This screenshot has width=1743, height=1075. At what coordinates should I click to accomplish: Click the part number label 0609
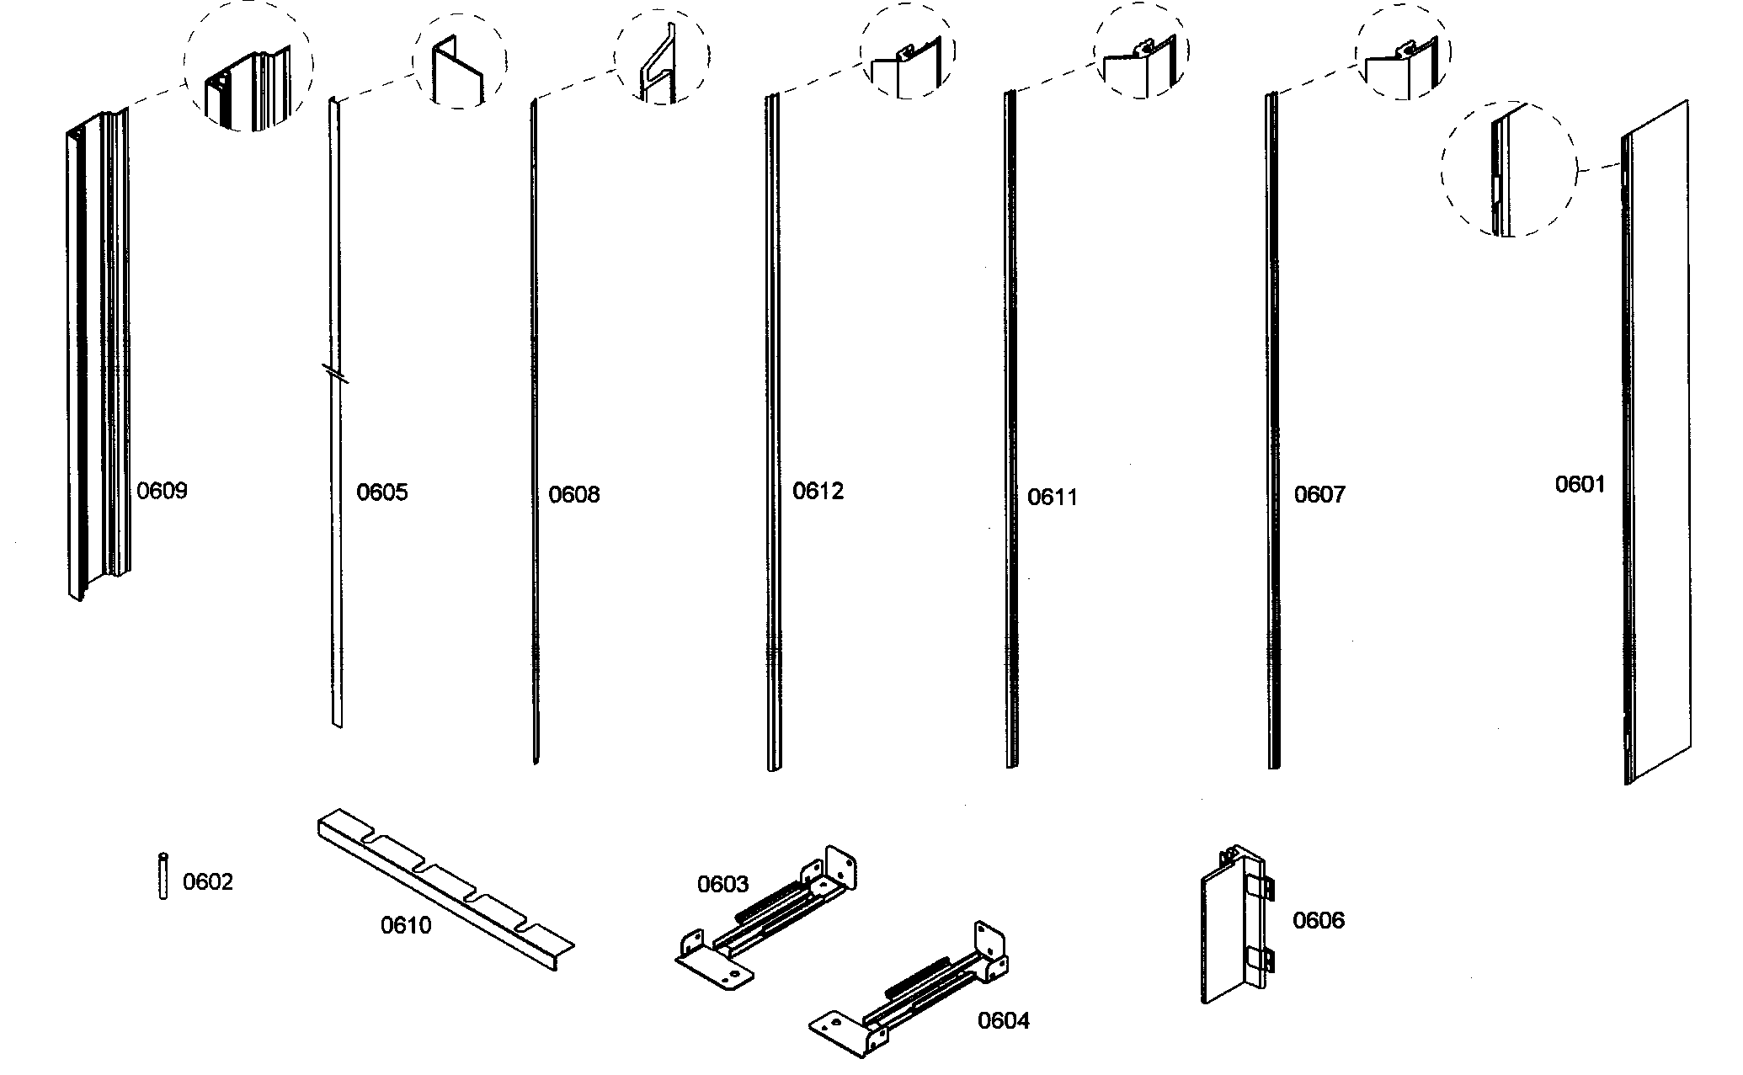162,491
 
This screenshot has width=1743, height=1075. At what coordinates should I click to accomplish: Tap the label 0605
381,492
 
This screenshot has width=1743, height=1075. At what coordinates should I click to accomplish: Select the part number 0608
574,495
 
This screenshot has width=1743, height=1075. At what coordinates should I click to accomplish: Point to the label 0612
818,492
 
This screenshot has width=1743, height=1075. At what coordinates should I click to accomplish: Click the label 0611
1053,498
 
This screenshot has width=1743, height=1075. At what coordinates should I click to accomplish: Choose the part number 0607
1319,495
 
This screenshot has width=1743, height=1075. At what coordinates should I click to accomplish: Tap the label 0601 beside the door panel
1580,485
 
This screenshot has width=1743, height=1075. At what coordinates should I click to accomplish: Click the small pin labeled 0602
163,876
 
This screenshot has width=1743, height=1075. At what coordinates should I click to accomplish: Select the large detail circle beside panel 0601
1508,168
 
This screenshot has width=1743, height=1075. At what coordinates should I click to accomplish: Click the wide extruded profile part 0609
97,354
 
